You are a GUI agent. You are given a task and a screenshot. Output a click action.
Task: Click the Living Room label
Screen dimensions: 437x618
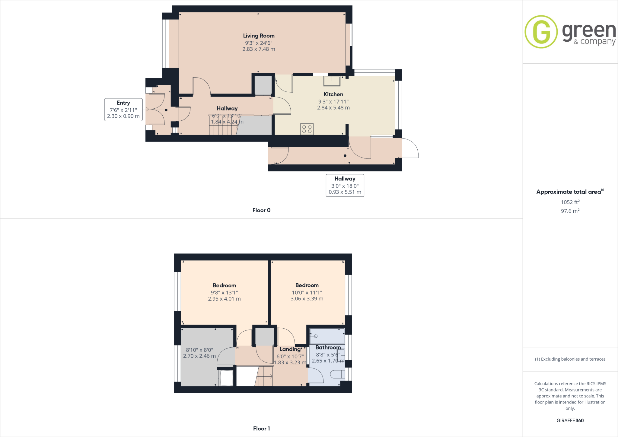[259, 36]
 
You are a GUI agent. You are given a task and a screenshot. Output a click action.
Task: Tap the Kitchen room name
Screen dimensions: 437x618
[333, 94]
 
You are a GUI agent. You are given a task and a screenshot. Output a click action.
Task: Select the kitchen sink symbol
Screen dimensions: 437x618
[332, 81]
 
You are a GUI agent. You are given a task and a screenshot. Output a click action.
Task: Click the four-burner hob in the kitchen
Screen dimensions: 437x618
[307, 129]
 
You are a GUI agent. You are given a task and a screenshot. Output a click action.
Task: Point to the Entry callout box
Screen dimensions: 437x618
[123, 109]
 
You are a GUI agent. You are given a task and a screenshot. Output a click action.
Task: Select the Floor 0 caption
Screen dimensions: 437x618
[261, 210]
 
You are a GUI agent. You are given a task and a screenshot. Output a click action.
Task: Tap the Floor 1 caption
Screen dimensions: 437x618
[261, 429]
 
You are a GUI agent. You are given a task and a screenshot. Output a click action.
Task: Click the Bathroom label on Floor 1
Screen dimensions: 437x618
[328, 348]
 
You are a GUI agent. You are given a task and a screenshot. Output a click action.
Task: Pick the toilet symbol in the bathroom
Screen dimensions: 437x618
[338, 375]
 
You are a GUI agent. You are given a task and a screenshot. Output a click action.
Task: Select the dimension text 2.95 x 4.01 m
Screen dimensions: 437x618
[224, 299]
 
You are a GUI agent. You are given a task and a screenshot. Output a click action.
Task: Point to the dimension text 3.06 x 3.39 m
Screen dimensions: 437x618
[307, 298]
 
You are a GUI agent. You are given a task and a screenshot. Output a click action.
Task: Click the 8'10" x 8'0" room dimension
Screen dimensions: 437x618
[199, 350]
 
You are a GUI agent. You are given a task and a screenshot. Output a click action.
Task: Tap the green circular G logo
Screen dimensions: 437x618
[541, 32]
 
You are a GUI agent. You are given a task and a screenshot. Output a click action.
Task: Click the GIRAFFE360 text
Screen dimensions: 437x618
[570, 420]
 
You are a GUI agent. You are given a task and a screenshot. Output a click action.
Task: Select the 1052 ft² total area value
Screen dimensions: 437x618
[570, 202]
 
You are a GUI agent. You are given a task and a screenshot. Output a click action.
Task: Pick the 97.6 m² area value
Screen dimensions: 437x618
[570, 211]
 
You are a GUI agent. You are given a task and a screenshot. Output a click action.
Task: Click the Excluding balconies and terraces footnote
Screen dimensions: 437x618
[570, 359]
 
